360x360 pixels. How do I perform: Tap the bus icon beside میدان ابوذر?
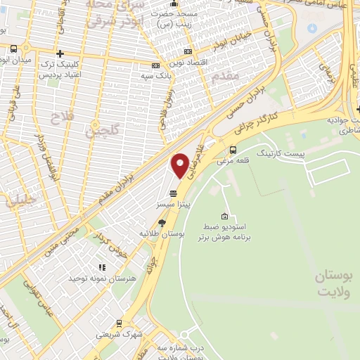[x=15, y=49]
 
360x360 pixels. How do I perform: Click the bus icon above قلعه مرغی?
[x=233, y=149]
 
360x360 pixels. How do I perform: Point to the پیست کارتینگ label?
[x=281, y=153]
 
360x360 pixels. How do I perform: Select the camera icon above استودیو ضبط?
[x=224, y=216]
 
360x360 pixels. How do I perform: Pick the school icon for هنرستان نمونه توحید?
[x=102, y=267]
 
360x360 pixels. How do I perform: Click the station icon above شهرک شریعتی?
[x=119, y=323]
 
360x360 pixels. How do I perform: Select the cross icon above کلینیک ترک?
[x=60, y=53]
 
